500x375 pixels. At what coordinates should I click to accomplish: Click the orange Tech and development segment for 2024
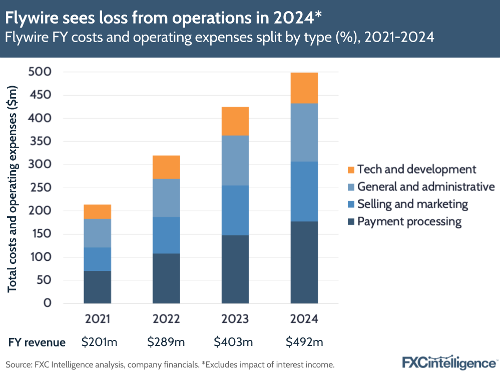[304, 88]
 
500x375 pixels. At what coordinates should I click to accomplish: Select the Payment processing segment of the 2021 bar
[97, 287]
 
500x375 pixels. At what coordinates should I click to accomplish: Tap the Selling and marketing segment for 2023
[235, 210]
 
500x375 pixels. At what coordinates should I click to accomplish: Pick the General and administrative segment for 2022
[166, 198]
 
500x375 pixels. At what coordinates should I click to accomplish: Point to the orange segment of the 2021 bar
[97, 212]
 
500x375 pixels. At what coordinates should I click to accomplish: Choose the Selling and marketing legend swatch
[351, 204]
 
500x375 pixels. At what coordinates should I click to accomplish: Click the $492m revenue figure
[304, 342]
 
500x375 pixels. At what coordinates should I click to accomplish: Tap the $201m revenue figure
[99, 342]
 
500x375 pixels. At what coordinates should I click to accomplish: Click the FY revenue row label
[37, 342]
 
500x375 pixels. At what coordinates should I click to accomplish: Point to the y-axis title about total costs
[13, 189]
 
